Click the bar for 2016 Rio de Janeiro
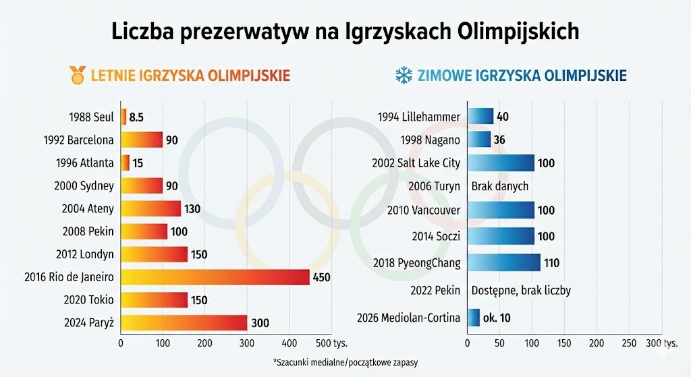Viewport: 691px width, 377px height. [x=215, y=277]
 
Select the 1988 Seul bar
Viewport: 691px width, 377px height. [x=123, y=117]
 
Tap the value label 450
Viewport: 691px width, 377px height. [x=321, y=277]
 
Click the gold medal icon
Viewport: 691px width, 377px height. [x=78, y=74]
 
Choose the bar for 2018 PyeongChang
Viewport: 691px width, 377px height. [x=503, y=262]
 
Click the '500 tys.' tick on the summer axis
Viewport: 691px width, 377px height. [x=337, y=343]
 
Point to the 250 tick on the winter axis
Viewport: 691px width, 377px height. [x=629, y=343]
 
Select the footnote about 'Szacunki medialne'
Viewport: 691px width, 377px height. [x=345, y=362]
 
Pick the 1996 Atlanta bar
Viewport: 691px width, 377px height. [x=125, y=163]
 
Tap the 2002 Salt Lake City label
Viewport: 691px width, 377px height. [x=416, y=163]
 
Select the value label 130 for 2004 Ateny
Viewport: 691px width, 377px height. [x=192, y=209]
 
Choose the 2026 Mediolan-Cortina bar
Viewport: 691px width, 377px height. [x=473, y=318]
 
